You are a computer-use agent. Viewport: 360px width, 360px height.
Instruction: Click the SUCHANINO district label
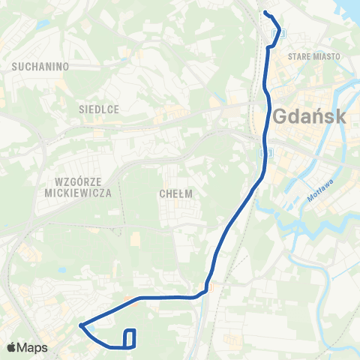click(x=41, y=66)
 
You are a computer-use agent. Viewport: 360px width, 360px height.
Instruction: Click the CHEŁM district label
click(x=177, y=193)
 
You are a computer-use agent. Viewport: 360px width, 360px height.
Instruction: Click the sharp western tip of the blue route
click(x=79, y=325)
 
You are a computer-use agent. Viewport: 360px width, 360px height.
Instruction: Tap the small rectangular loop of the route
click(x=130, y=338)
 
